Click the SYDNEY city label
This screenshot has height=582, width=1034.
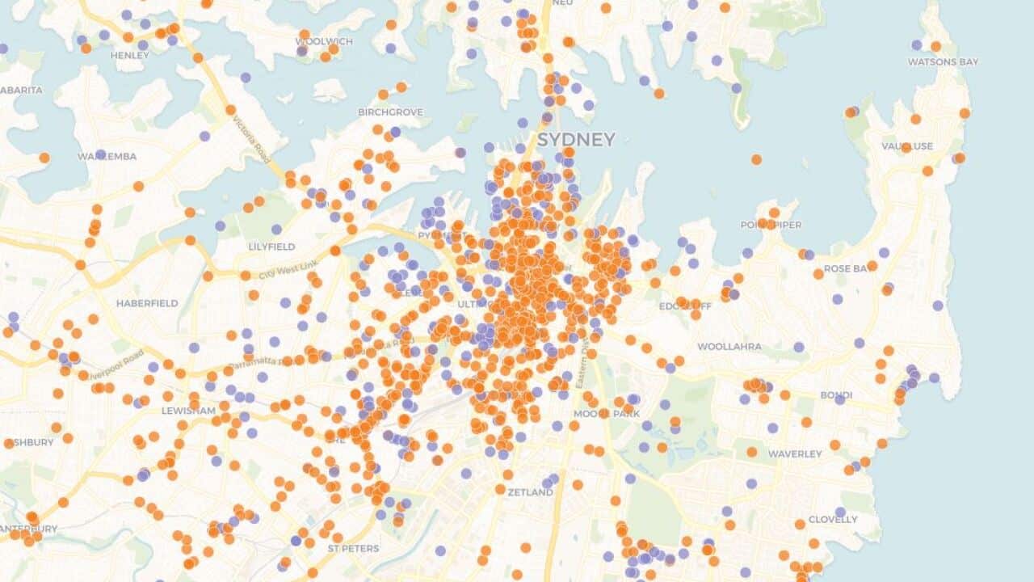tap(576, 139)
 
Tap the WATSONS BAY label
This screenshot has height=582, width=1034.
tap(943, 61)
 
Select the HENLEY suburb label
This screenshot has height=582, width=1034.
tap(129, 55)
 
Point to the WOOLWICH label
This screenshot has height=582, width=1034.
tap(324, 41)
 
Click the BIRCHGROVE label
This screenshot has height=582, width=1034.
tap(390, 112)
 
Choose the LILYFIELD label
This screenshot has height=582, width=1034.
tap(272, 246)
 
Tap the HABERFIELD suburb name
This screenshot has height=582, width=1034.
tap(147, 303)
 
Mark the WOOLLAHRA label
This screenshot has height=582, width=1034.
tap(729, 347)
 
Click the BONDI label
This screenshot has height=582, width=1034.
tap(836, 394)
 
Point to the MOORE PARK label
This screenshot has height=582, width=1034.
tap(606, 414)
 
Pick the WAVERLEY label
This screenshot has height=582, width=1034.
tap(795, 454)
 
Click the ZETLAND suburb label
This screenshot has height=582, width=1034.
tap(530, 491)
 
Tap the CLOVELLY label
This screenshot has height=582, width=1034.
tap(833, 519)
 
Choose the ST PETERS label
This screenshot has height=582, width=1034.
tap(353, 548)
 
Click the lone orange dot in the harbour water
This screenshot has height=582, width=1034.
tap(756, 159)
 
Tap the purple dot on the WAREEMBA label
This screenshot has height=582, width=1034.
tap(100, 154)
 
